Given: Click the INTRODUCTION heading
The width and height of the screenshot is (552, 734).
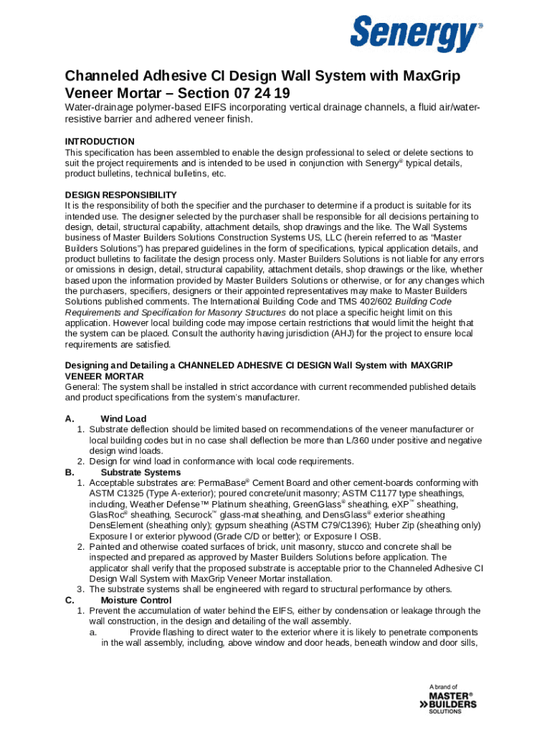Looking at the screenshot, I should [100, 141].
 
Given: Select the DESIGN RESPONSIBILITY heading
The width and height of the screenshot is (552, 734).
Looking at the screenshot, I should [120, 195].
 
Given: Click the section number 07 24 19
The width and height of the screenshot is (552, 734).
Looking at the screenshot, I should [262, 93].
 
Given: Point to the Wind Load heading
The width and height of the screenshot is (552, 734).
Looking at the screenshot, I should [123, 419].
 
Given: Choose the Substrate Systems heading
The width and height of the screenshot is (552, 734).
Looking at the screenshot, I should [141, 472].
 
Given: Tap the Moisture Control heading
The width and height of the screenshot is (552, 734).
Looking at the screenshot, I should [135, 600].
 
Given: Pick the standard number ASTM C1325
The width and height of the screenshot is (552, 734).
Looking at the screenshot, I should [120, 494].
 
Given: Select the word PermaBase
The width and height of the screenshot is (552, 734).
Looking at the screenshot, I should [222, 483].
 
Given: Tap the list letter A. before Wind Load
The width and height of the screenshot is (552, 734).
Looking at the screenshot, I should [70, 419].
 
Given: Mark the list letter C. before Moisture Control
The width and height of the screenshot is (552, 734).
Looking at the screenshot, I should [70, 600].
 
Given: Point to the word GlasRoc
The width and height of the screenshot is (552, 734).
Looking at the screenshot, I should [105, 515].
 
